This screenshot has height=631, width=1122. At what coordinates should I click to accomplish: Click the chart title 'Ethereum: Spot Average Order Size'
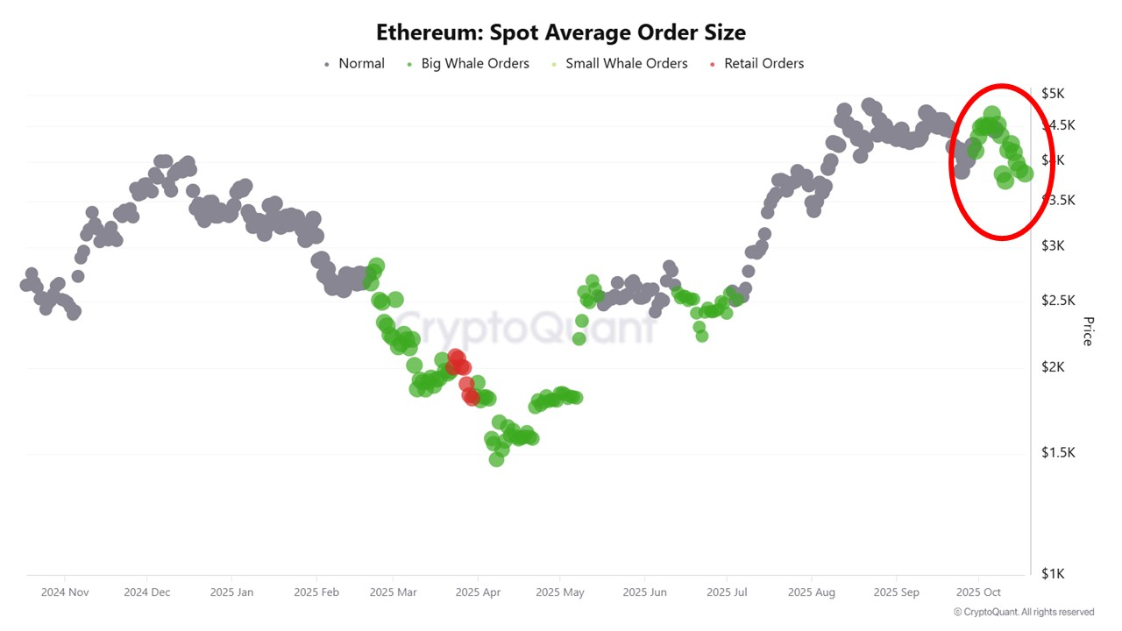[x=561, y=33]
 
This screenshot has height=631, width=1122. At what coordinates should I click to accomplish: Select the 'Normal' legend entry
[x=354, y=63]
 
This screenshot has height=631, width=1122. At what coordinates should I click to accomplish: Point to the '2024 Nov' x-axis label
[x=65, y=592]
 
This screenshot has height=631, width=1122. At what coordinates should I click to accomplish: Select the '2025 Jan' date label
[x=231, y=592]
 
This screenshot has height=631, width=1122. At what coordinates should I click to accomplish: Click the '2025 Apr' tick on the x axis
[x=478, y=592]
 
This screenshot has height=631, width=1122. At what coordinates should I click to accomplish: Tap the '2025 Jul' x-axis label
[x=727, y=592]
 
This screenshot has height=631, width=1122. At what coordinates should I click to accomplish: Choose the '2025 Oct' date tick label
[x=978, y=592]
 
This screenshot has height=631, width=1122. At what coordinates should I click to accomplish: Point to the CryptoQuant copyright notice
[x=1024, y=612]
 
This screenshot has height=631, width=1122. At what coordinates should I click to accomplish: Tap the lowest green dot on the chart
[x=496, y=458]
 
